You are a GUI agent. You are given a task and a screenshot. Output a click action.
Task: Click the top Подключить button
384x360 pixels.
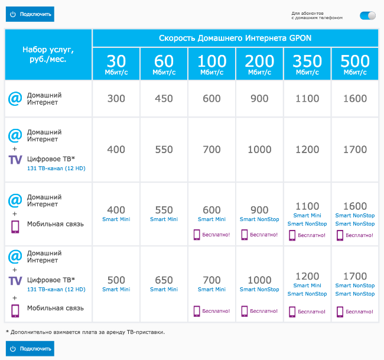(x=30, y=14)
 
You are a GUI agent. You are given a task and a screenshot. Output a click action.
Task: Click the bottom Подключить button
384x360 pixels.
(x=30, y=349)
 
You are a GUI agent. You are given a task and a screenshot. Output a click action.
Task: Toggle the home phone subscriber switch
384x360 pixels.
(x=367, y=15)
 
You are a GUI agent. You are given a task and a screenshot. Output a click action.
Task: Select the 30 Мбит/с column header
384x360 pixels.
(x=116, y=64)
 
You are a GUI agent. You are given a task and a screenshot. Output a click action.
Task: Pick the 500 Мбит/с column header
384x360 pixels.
(x=355, y=64)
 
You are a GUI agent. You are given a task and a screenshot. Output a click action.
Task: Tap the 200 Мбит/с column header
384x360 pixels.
(x=259, y=64)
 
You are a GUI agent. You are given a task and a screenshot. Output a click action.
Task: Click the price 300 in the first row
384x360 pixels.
(x=116, y=99)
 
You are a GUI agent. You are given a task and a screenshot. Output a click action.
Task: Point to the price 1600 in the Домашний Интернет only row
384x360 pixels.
(x=355, y=99)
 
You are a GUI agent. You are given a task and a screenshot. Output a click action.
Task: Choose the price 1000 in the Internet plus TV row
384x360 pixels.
(x=259, y=150)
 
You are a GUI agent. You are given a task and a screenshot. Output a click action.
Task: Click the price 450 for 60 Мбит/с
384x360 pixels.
(x=164, y=99)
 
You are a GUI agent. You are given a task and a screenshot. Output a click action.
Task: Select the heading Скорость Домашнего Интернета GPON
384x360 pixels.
(x=235, y=38)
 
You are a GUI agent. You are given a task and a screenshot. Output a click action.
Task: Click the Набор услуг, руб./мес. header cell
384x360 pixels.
(x=48, y=54)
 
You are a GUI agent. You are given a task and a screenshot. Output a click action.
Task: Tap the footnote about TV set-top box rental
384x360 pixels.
(x=85, y=332)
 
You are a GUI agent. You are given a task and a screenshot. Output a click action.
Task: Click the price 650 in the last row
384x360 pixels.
(x=164, y=280)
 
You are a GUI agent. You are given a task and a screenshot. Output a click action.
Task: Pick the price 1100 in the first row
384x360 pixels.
(x=307, y=99)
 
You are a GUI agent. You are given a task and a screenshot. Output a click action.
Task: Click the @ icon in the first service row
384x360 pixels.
(x=15, y=98)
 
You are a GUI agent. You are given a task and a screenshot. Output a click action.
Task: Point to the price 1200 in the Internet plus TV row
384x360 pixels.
(x=307, y=150)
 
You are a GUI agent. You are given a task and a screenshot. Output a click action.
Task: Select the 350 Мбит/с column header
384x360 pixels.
(x=307, y=64)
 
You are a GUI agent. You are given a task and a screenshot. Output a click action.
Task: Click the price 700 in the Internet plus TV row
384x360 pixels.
(x=211, y=150)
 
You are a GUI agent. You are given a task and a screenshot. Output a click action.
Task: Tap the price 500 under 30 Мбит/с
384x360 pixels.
(x=116, y=280)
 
